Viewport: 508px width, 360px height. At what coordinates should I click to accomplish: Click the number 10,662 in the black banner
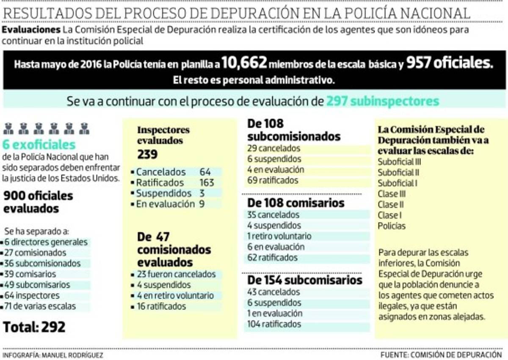pos(244,63)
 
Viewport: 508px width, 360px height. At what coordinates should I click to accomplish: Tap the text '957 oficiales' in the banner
pos(450,63)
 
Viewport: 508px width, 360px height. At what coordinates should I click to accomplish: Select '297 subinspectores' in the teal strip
pos(383,102)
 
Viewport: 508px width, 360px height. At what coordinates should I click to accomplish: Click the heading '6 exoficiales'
pos(39,145)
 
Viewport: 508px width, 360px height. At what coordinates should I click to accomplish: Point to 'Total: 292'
pos(34,327)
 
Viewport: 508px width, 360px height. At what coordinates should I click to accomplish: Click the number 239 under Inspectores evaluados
pos(147,154)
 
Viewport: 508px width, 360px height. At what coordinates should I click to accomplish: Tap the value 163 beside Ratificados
pos(207,183)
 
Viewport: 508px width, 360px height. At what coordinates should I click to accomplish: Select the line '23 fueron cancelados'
pos(176,274)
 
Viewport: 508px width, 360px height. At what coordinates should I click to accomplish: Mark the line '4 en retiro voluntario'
pos(175,296)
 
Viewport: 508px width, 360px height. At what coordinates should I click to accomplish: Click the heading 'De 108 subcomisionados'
pos(294,130)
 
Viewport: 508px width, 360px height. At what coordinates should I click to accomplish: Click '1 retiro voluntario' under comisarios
pos(279,236)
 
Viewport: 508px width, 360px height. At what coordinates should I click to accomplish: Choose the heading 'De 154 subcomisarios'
pos(305,280)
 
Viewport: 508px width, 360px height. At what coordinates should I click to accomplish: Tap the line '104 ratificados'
pos(274,324)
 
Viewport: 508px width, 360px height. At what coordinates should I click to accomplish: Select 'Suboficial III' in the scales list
pos(399,162)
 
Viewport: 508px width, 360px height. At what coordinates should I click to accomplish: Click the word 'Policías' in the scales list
pos(392,226)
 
